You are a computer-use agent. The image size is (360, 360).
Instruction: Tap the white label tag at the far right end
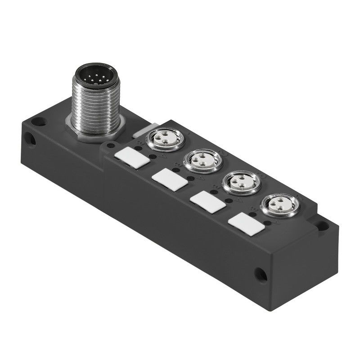click(x=246, y=223)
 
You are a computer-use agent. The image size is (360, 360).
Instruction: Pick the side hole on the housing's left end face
click(x=31, y=140)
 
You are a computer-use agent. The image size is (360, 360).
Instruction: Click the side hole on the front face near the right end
click(x=260, y=274)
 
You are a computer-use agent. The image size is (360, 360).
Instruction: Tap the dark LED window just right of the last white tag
click(x=268, y=223)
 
